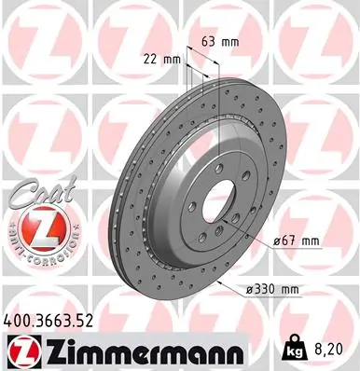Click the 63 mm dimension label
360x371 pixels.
pos(215,40)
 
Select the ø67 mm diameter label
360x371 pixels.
pos(298,241)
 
